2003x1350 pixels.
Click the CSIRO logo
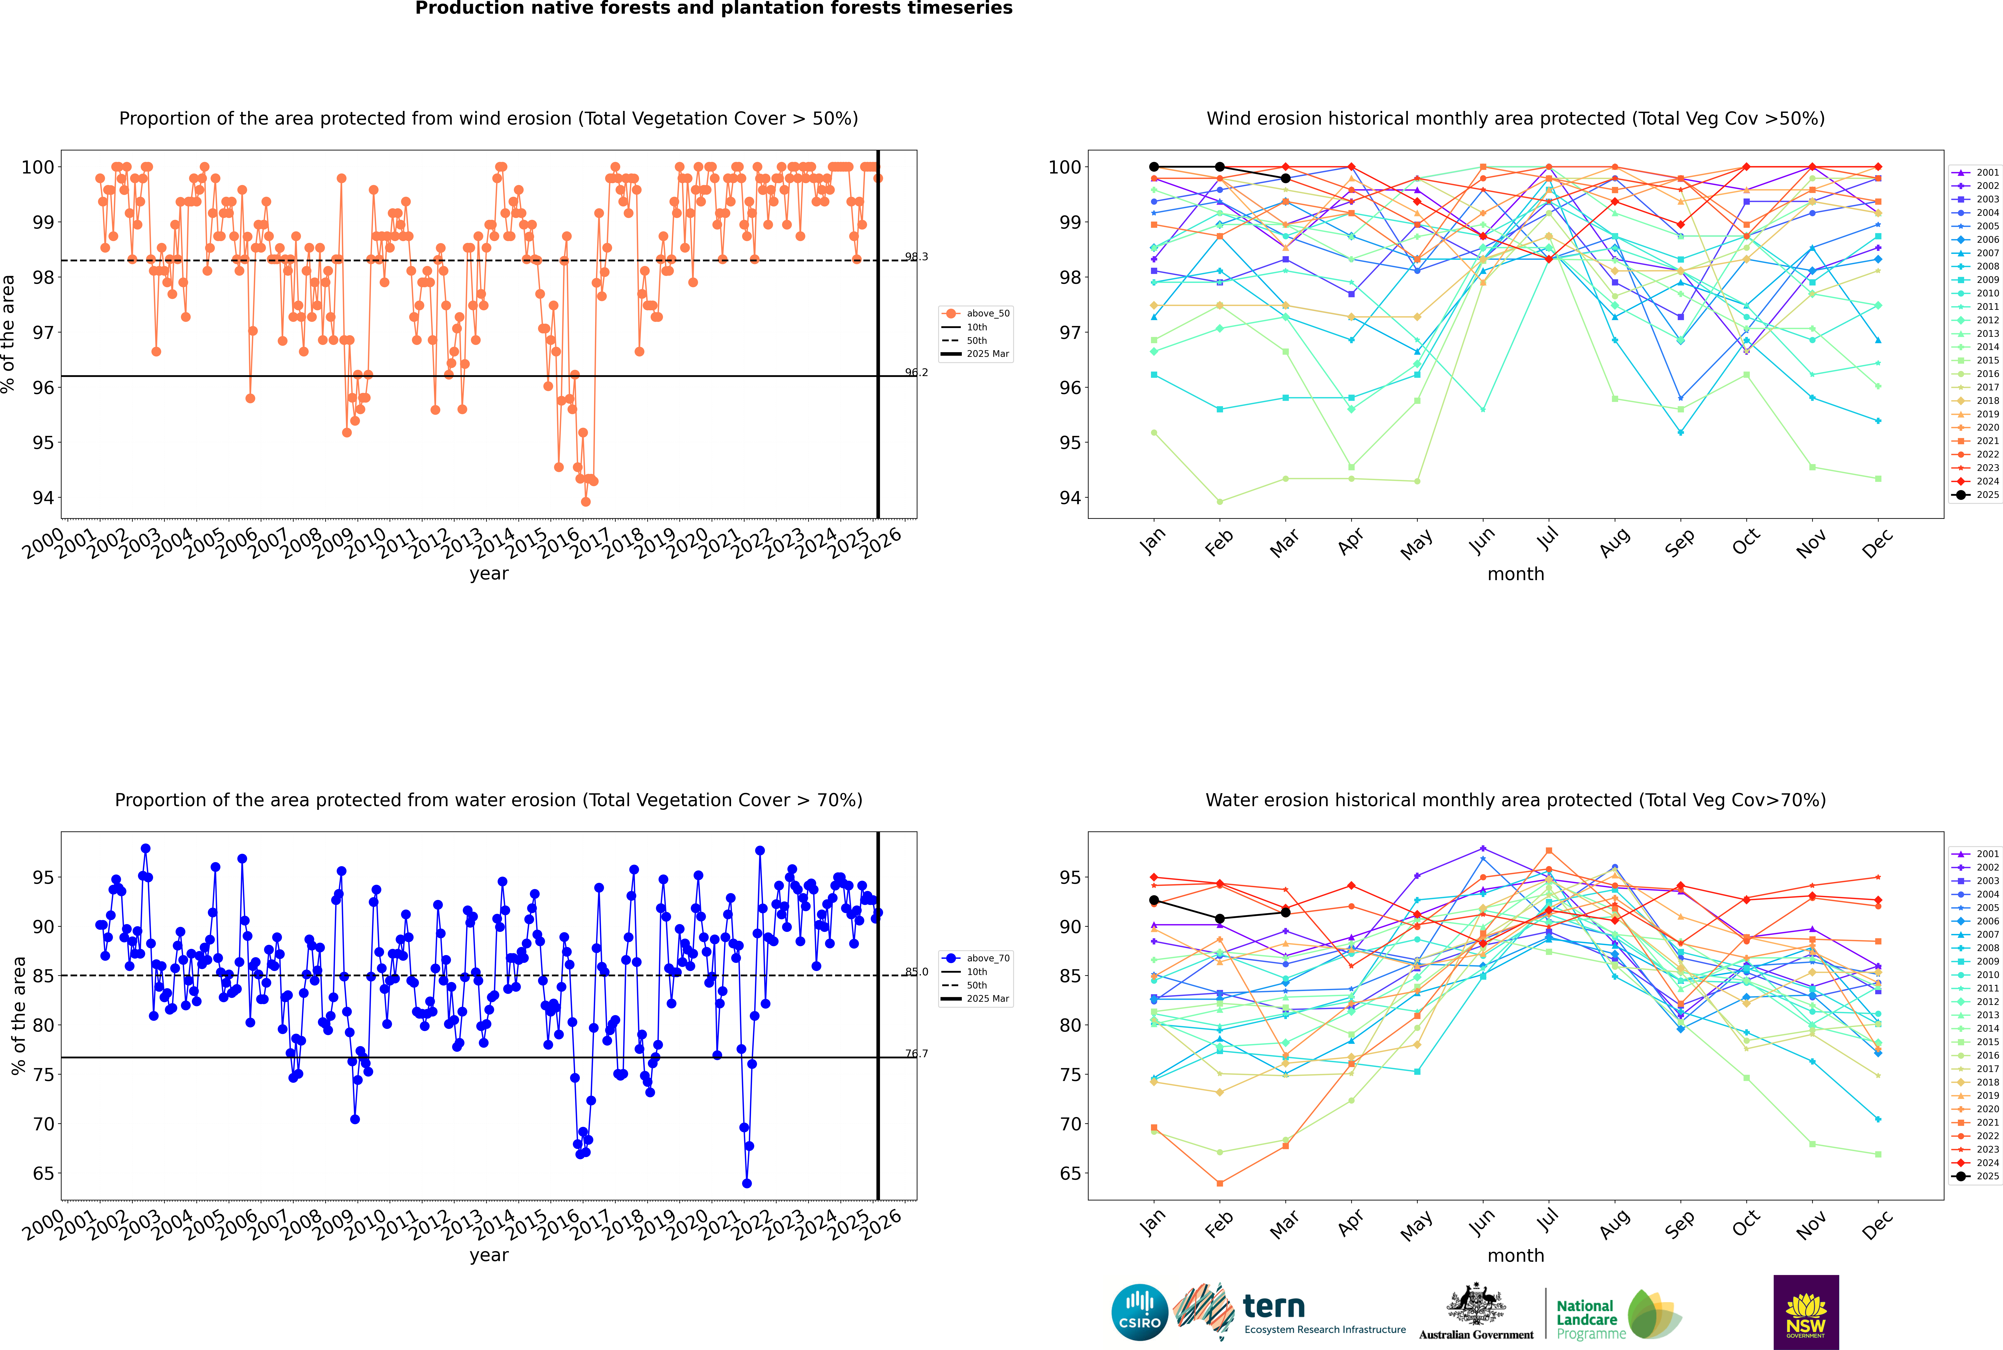[x=1139, y=1312]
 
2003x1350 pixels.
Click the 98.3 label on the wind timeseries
[x=916, y=257]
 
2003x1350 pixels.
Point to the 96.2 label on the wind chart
[x=916, y=373]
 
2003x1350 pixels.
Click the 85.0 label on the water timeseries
[x=916, y=972]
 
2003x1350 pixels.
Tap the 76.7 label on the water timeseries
[x=916, y=1054]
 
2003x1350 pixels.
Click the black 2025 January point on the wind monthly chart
[x=1154, y=167]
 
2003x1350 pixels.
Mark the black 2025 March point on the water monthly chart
[x=1286, y=913]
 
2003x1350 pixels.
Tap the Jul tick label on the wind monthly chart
[x=1547, y=540]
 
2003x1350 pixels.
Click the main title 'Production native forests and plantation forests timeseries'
[x=714, y=9]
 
